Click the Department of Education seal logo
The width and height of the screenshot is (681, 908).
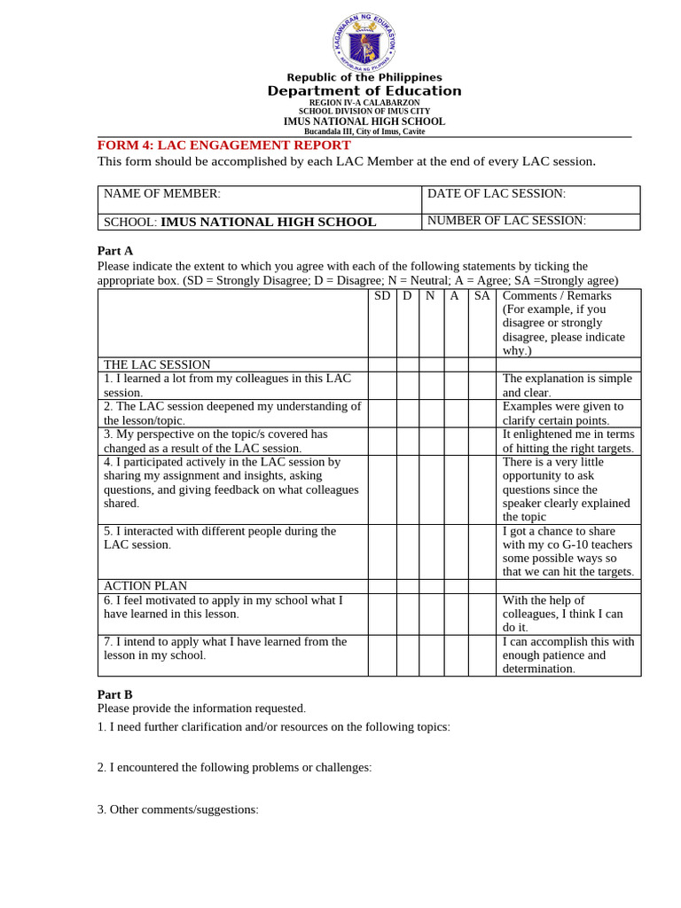click(x=364, y=41)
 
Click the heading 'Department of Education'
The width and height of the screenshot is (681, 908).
click(x=364, y=91)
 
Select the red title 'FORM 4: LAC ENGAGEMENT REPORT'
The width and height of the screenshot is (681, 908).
click(x=223, y=145)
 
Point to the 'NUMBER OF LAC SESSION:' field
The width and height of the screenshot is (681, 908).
click(x=530, y=221)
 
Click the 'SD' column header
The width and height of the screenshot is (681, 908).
click(x=382, y=296)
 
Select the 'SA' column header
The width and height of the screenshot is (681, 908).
click(x=481, y=296)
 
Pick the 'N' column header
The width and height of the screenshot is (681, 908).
click(x=430, y=296)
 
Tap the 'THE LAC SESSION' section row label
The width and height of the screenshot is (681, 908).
click(x=157, y=364)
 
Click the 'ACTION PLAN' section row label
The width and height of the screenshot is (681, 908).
click(x=145, y=586)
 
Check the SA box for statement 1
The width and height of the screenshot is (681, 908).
click(x=481, y=386)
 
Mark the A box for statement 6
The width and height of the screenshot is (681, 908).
click(x=456, y=614)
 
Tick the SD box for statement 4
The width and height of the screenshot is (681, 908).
click(x=382, y=489)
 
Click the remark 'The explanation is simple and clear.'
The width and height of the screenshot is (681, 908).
click(x=567, y=386)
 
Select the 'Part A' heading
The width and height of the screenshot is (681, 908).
click(x=114, y=251)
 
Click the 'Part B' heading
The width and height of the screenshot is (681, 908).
click(x=114, y=695)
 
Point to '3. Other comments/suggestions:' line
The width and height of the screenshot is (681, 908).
click(x=177, y=810)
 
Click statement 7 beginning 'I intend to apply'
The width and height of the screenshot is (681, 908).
click(x=225, y=648)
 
